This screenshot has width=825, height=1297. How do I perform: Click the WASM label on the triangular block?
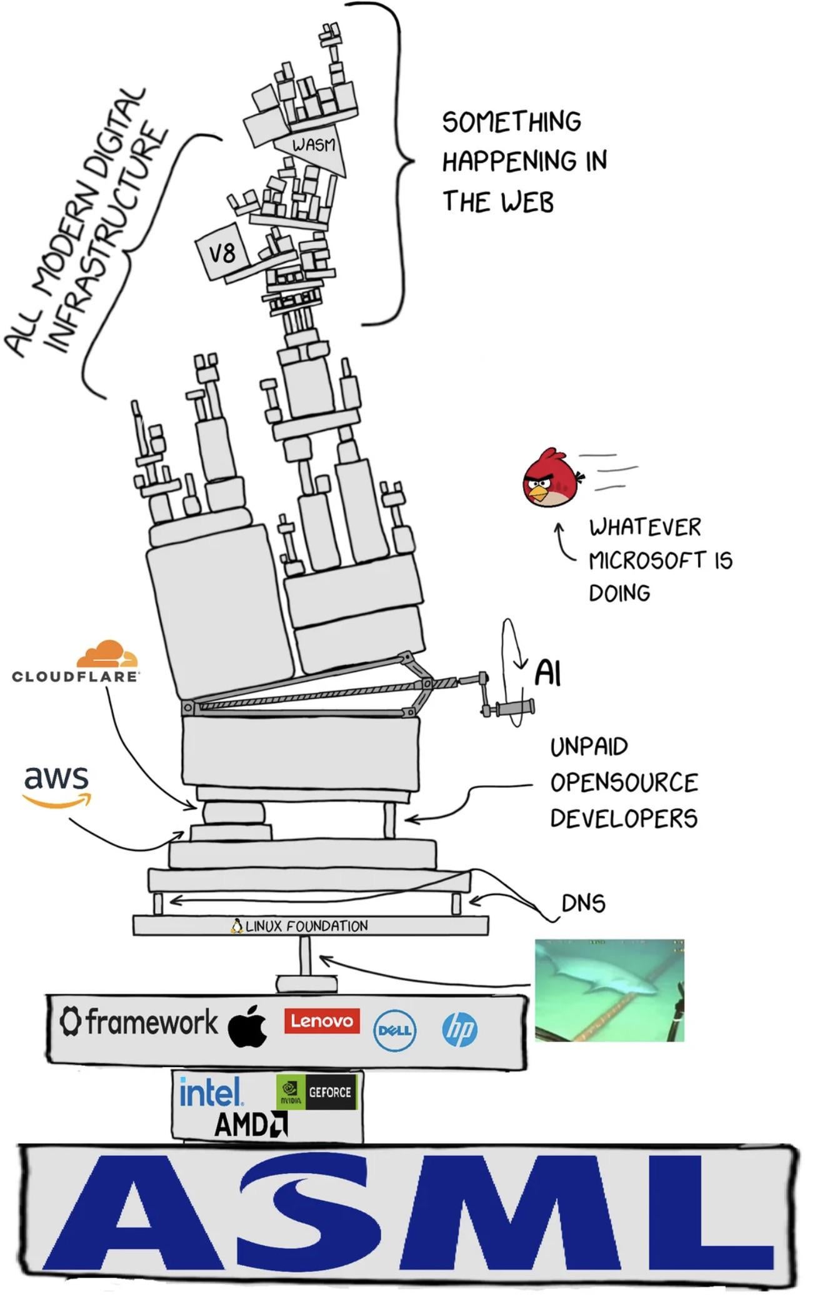[x=314, y=145]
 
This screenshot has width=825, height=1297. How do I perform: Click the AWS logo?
[x=56, y=786]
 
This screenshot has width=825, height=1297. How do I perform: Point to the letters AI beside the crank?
[x=547, y=673]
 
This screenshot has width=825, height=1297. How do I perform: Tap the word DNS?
[x=583, y=903]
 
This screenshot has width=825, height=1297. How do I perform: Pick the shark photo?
[x=609, y=990]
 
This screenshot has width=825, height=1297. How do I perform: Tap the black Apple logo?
[x=247, y=1025]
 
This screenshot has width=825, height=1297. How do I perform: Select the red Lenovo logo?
[x=322, y=1020]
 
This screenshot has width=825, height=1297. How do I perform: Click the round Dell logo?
[x=395, y=1030]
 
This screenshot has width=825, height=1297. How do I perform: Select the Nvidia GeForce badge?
[x=317, y=1092]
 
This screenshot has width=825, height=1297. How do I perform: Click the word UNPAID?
[x=589, y=747]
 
